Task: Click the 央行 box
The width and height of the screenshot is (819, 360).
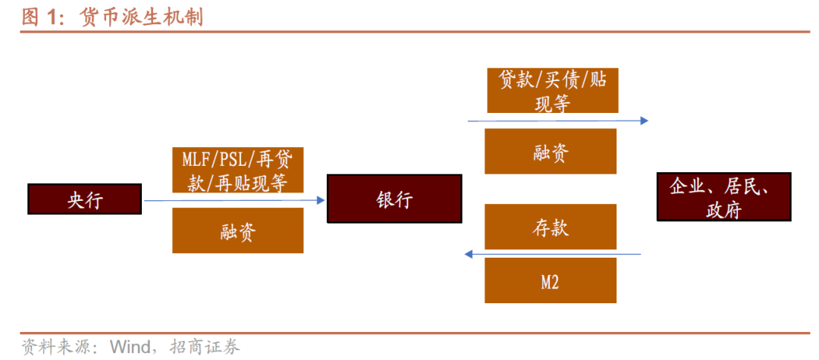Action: click(84, 199)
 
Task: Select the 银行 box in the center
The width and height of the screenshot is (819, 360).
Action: click(394, 199)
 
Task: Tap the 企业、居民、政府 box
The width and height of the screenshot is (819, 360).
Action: click(723, 196)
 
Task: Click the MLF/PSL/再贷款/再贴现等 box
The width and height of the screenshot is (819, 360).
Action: click(238, 170)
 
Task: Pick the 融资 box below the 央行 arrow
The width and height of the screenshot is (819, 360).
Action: click(238, 230)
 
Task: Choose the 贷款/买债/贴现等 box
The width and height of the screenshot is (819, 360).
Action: click(551, 89)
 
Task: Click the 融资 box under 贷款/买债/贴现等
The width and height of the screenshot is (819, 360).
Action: click(551, 151)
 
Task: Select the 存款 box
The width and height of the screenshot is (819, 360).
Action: click(551, 226)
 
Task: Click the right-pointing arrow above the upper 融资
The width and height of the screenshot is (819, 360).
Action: click(557, 120)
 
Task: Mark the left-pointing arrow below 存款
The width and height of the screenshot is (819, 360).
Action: click(554, 254)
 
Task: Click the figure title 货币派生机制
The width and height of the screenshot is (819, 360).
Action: click(141, 17)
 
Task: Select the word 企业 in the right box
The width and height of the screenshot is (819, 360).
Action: click(686, 186)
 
